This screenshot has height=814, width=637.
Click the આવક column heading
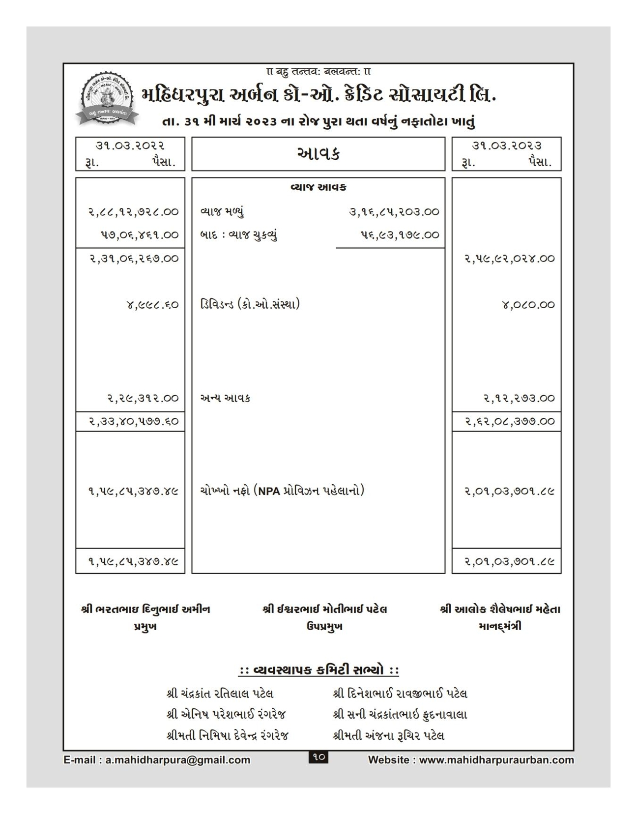(318, 154)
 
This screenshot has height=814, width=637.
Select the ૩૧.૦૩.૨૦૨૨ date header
(130, 145)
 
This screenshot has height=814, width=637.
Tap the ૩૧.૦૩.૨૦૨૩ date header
(506, 145)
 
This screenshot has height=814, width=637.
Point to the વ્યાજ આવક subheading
(318, 187)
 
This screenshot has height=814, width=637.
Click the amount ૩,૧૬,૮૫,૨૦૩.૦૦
(394, 212)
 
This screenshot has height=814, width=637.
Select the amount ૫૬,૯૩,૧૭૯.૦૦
(399, 235)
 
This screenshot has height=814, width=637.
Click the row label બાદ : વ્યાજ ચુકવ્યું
(239, 235)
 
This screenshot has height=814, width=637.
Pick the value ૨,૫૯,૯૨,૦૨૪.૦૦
(510, 259)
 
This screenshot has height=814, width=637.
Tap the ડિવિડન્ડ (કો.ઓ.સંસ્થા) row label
(250, 305)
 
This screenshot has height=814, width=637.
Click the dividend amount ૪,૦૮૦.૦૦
(528, 305)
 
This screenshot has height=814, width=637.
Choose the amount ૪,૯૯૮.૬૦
(152, 305)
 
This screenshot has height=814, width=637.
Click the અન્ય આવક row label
(225, 398)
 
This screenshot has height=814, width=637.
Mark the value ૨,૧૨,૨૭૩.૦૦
(519, 398)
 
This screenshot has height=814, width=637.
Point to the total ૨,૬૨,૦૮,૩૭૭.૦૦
(510, 421)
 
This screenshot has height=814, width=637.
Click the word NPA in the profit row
(269, 491)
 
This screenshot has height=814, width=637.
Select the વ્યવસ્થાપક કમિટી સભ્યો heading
(318, 670)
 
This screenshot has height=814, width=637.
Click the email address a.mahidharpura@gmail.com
(177, 760)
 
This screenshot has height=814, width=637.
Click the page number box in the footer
(318, 757)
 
